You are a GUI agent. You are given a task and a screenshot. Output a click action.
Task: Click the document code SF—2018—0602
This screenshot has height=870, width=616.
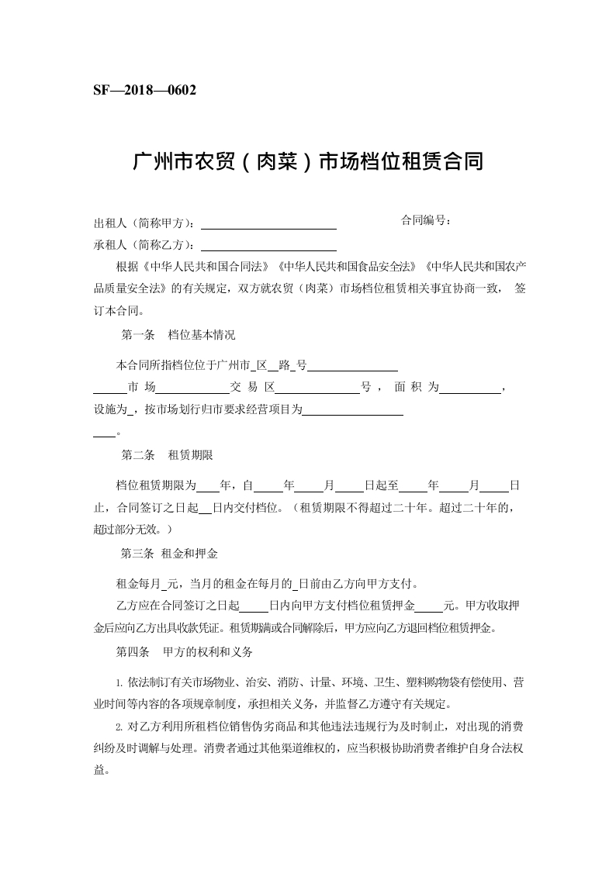click(x=144, y=90)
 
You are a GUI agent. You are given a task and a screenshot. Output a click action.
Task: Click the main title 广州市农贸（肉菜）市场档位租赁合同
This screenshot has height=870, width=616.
click(x=308, y=162)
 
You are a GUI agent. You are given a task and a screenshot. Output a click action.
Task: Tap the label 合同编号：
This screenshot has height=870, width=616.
click(x=426, y=220)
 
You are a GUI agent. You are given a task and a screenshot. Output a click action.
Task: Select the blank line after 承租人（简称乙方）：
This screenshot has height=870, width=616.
click(x=268, y=250)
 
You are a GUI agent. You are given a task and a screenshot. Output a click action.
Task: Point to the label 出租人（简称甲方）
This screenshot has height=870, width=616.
click(x=144, y=224)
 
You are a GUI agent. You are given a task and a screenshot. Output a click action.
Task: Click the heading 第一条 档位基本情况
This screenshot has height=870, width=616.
click(x=178, y=336)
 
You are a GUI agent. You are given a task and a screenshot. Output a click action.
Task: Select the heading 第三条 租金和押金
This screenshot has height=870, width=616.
click(x=169, y=554)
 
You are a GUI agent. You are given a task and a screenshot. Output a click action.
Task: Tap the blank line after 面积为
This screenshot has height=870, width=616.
click(x=471, y=392)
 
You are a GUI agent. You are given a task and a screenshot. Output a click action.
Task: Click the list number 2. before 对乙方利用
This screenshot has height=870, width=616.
click(x=119, y=727)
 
